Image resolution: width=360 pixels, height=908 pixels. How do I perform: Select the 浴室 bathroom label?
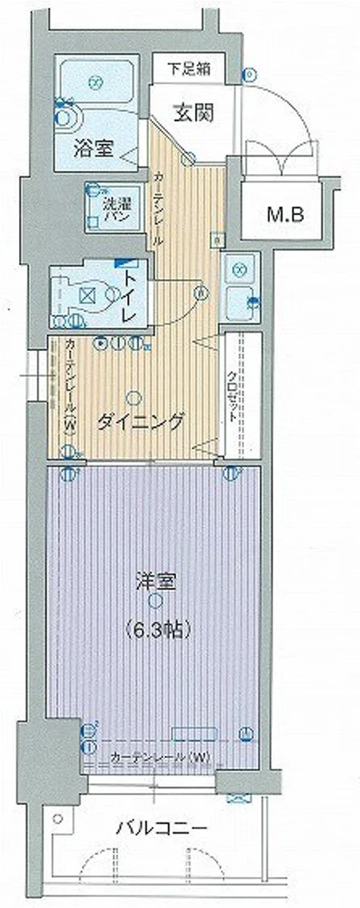[x=93, y=148]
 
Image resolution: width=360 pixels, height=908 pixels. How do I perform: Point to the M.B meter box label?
[x=284, y=214]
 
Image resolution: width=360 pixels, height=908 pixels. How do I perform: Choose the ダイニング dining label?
[x=141, y=421]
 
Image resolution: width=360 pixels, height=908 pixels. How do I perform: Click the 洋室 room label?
[x=156, y=582]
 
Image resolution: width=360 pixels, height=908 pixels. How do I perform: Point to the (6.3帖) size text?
[x=156, y=628]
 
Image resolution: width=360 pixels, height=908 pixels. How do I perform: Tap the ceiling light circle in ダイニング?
[x=133, y=395]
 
